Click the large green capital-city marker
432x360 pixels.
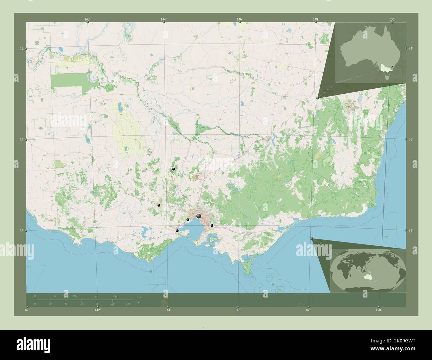pyautogui.click(x=199, y=216)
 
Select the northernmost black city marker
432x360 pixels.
pyautogui.click(x=173, y=169)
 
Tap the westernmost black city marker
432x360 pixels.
pyautogui.click(x=159, y=205)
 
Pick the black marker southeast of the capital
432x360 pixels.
pyautogui.click(x=212, y=225)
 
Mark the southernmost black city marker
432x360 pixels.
pyautogui.click(x=177, y=230)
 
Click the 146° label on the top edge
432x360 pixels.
pyautogui.click(x=240, y=19)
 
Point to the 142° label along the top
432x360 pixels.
pyautogui.click(x=87, y=19)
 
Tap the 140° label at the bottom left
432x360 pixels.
pyautogui.click(x=27, y=310)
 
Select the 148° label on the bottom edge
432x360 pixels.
pyautogui.click(x=308, y=310)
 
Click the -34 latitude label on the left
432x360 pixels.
pyautogui.click(x=21, y=49)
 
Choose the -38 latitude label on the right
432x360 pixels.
pyautogui.click(x=410, y=230)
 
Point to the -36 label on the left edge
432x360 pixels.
pyautogui.click(x=21, y=140)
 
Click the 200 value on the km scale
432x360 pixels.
pyautogui.click(x=115, y=296)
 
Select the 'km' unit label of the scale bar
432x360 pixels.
pyautogui.click(x=139, y=297)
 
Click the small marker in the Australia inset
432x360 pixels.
pyautogui.click(x=392, y=67)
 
